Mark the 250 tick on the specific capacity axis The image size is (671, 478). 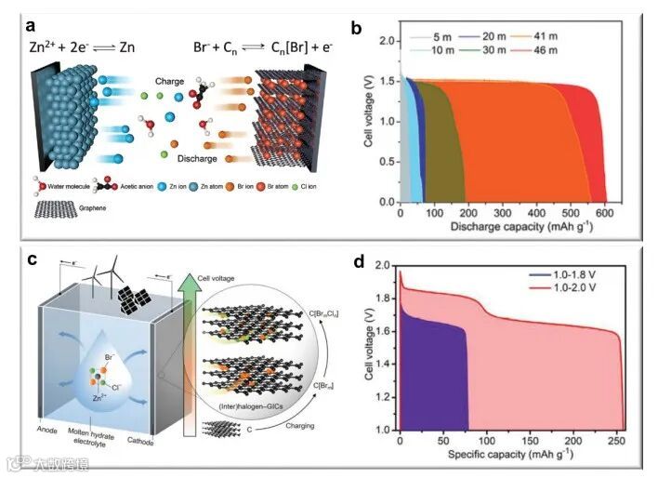(x=616, y=440)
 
